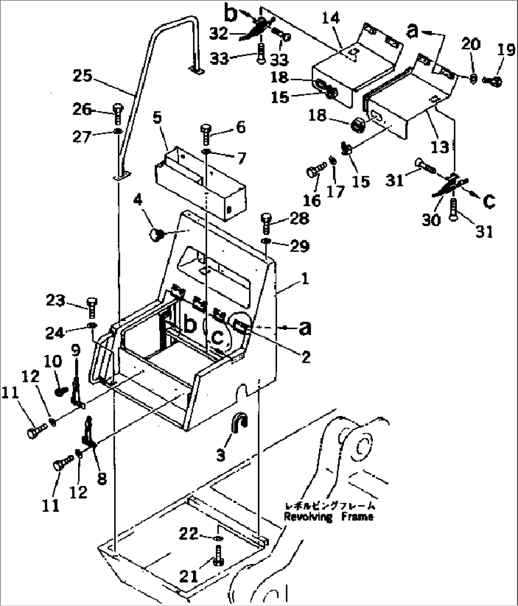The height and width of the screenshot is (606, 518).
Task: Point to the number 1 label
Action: [x=305, y=278]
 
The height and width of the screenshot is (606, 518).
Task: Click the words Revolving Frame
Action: [x=328, y=517]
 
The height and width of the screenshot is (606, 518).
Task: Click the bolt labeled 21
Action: [x=218, y=555]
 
